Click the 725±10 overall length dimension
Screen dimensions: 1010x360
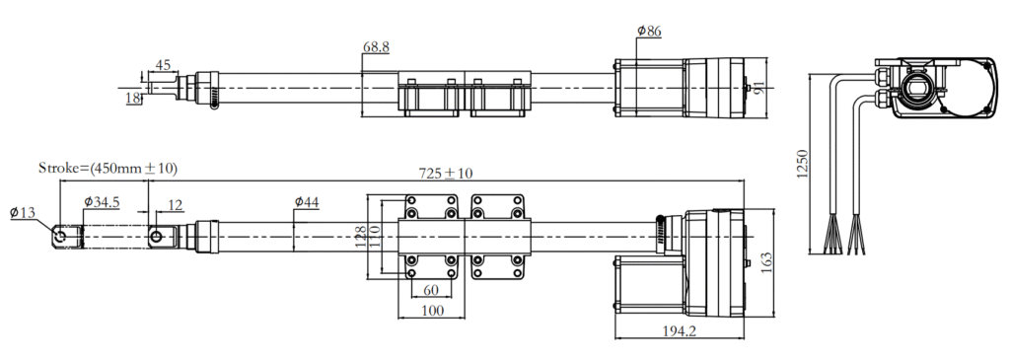point(446,173)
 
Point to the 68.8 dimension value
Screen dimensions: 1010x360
point(376,47)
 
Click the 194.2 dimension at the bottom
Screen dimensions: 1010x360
point(680,331)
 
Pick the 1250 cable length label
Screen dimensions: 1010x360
point(802,164)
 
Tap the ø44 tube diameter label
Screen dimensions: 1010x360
point(308,202)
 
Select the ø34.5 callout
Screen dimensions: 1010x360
point(102,202)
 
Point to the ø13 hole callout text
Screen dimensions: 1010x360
point(24,212)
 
